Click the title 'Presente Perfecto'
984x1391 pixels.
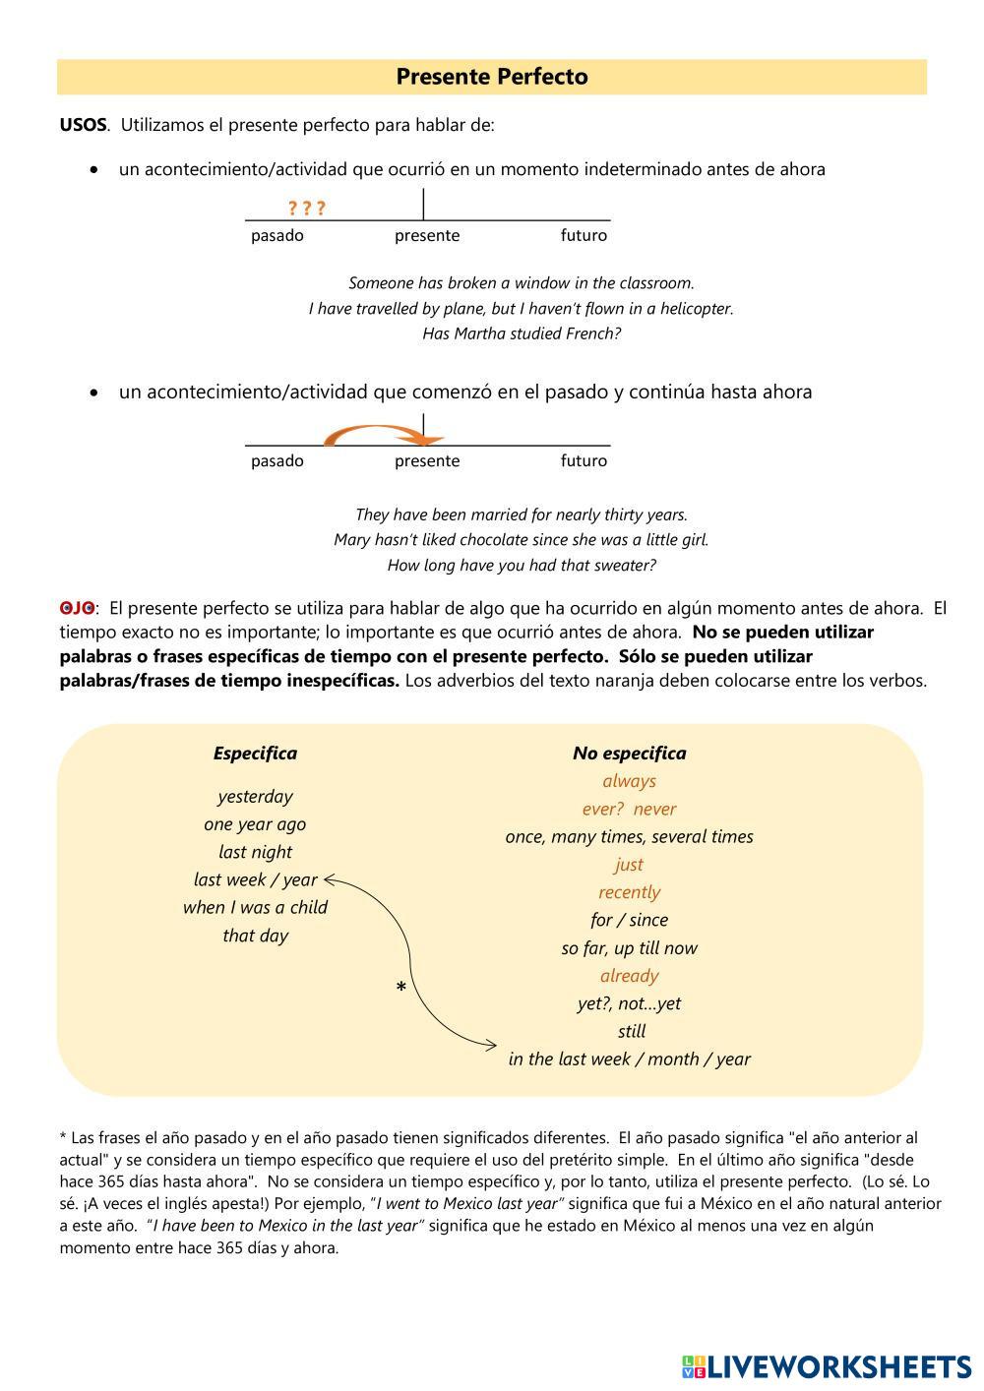(492, 77)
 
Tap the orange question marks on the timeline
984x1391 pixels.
(306, 208)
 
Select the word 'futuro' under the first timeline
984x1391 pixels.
(584, 235)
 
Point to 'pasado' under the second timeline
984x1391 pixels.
(277, 460)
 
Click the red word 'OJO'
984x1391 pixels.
(77, 608)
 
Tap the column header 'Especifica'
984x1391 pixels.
(255, 754)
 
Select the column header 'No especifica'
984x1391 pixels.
(629, 754)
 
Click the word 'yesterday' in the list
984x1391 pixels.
(255, 796)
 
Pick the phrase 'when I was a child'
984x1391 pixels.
(255, 907)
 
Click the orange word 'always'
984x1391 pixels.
(629, 781)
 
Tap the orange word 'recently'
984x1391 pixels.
(629, 892)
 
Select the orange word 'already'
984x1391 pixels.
(629, 976)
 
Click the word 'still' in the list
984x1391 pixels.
(631, 1031)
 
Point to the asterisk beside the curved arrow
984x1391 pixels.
(400, 988)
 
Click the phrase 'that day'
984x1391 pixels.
(255, 936)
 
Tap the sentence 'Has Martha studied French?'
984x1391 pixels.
(522, 333)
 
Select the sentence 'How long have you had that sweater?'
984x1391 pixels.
(522, 566)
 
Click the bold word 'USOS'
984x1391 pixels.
(84, 125)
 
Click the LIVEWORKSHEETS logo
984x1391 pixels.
(827, 1366)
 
